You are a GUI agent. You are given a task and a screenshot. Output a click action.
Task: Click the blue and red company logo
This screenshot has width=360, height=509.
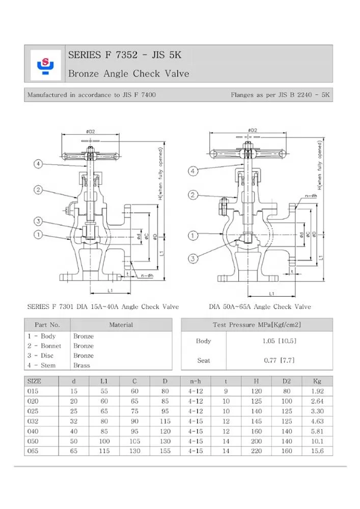(45, 64)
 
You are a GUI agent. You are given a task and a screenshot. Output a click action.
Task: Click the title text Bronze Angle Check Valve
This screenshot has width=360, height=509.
(128, 74)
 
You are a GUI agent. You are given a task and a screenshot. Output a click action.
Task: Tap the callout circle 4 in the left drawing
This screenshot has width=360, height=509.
(38, 164)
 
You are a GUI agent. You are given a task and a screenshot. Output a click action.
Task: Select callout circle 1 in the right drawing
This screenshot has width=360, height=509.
(193, 236)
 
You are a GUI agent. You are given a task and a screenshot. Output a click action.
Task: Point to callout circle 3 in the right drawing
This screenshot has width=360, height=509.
(193, 259)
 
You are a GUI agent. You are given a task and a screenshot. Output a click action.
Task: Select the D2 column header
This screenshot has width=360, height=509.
(287, 381)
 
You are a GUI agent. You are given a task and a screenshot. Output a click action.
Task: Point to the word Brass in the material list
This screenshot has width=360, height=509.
(81, 365)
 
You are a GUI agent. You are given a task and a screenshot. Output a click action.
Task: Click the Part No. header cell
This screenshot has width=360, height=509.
(47, 325)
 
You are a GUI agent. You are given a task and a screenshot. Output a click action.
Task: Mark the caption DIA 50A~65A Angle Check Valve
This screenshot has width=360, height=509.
(260, 307)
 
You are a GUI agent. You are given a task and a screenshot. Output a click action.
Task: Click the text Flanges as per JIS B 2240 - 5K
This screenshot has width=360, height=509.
(281, 95)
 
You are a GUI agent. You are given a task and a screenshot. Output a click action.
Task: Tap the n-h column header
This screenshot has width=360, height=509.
(196, 381)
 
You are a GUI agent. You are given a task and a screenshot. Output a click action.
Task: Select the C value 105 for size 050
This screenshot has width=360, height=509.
(134, 441)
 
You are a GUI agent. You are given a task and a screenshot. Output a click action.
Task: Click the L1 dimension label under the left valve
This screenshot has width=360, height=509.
(110, 290)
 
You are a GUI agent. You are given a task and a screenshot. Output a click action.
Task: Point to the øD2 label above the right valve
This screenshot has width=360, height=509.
(253, 130)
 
